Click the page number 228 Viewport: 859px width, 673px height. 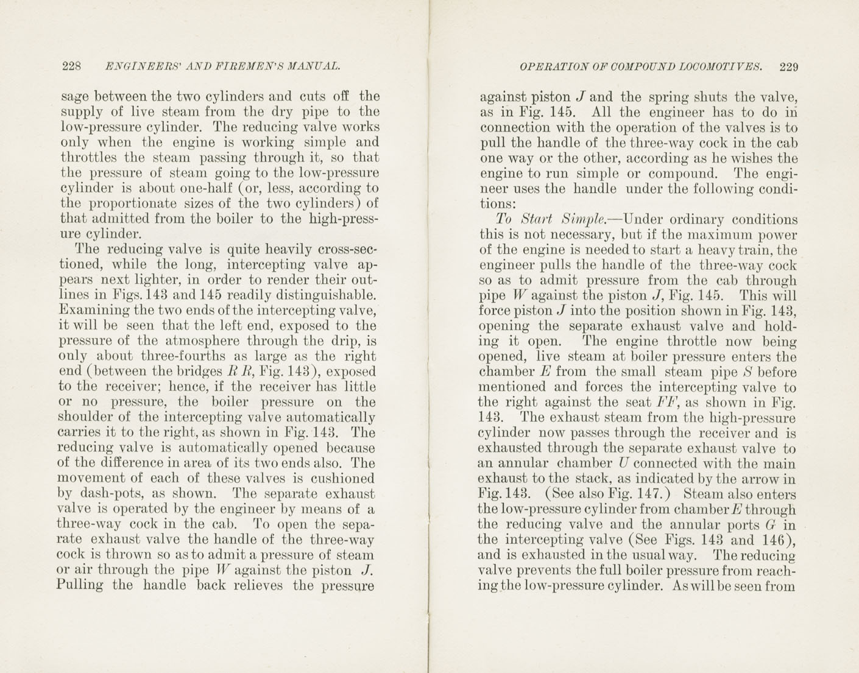click(72, 66)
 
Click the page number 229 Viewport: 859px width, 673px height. click(788, 67)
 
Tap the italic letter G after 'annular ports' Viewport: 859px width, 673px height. click(770, 524)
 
